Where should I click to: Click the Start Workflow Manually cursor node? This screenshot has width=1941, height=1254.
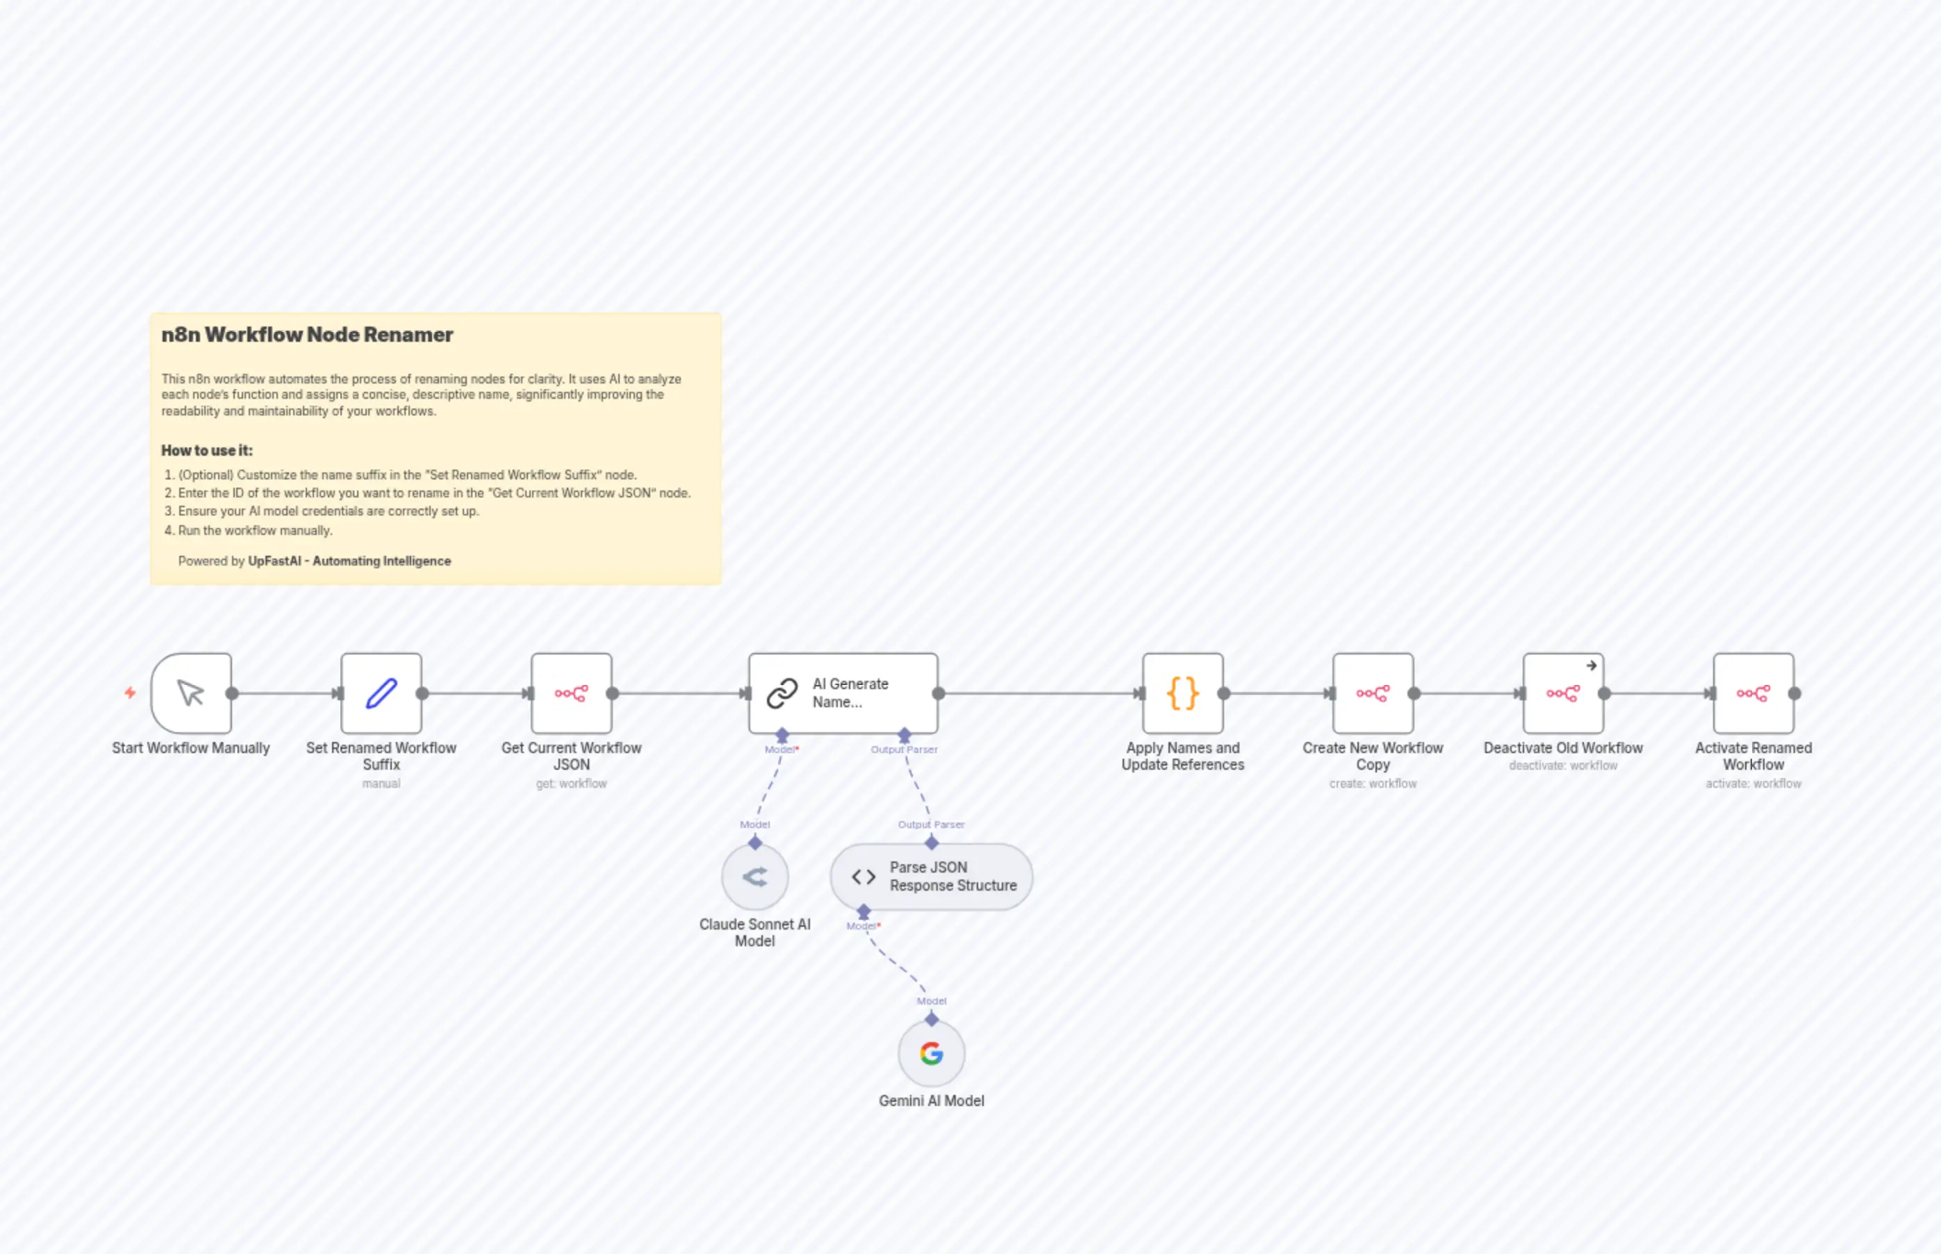tap(191, 693)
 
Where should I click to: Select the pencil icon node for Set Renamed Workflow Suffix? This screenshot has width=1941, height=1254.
tap(381, 693)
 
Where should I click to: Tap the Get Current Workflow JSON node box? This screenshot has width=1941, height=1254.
tap(571, 693)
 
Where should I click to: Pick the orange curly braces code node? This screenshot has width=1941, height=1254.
tap(1182, 693)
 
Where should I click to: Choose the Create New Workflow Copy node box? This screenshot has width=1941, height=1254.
tap(1373, 693)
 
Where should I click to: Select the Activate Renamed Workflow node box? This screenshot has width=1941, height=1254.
tap(1753, 693)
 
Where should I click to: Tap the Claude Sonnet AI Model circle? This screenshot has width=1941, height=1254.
tap(754, 877)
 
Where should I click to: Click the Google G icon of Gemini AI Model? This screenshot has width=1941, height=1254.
tap(932, 1054)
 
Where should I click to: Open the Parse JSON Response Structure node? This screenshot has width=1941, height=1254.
tap(932, 877)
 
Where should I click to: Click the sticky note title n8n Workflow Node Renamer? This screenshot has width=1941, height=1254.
tap(307, 335)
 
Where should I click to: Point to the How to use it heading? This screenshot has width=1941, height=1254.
tap(207, 450)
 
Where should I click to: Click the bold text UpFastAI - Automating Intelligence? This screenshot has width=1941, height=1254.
tap(349, 561)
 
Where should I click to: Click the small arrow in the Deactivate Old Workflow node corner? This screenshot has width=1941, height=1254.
tap(1591, 666)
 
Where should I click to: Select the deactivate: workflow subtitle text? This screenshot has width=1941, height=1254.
tap(1562, 766)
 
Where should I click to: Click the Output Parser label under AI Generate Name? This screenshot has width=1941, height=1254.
tap(904, 749)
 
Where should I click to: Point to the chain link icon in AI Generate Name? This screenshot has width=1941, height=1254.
tap(782, 693)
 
